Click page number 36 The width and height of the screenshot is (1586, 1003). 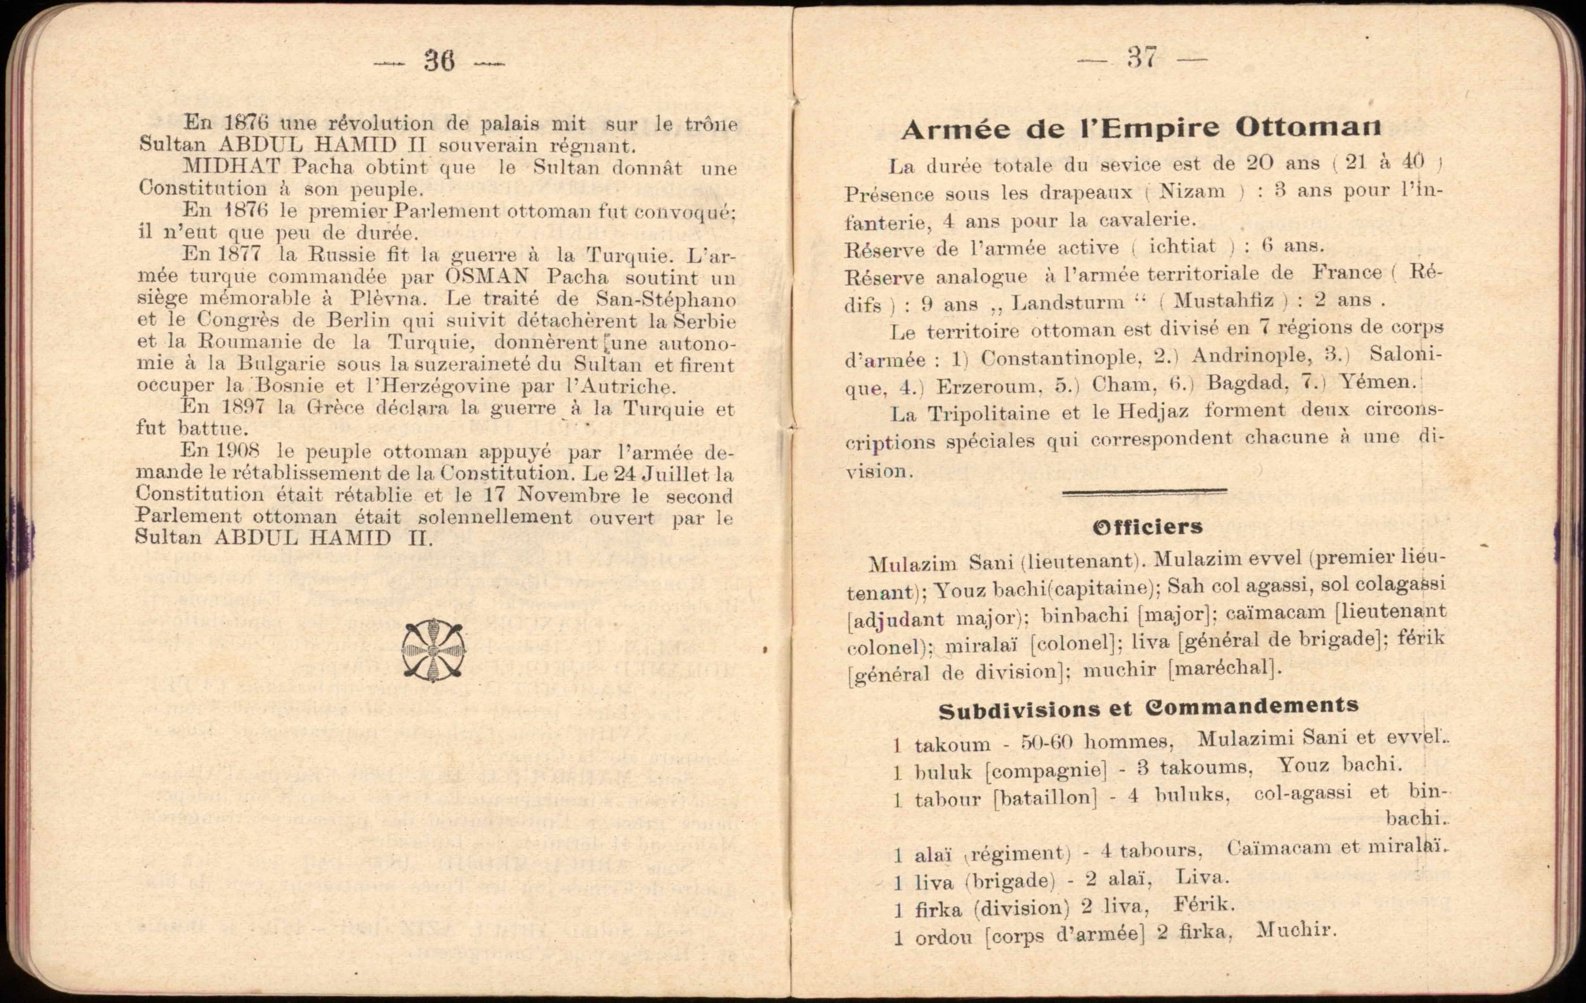point(439,61)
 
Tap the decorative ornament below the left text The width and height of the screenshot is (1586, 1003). point(433,649)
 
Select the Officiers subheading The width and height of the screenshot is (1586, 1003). point(1147,527)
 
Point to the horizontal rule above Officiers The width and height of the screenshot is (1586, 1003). point(1144,491)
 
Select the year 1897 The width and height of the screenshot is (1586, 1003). point(243,406)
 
